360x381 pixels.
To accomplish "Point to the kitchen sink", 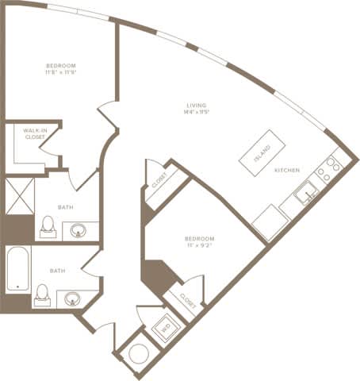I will point(305,190).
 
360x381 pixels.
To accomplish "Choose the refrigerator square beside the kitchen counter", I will point(267,218).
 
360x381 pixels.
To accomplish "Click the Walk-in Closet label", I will point(34,134).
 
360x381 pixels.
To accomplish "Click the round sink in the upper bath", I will point(79,231).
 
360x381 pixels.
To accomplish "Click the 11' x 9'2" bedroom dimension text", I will point(198,246).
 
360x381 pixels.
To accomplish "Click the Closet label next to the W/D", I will point(187,298).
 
